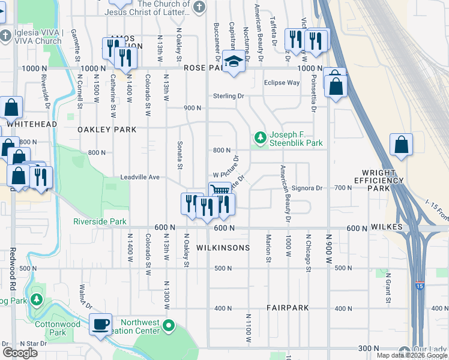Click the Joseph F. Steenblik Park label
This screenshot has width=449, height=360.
pyautogui.click(x=296, y=139)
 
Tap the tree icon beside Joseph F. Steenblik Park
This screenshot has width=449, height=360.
pyautogui.click(x=260, y=138)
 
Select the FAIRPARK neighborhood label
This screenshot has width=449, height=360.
pyautogui.click(x=288, y=308)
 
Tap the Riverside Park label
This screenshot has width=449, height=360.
pyautogui.click(x=100, y=221)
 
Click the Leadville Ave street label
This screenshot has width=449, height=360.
pyautogui.click(x=140, y=178)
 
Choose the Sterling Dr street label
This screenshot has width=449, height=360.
pyautogui.click(x=229, y=96)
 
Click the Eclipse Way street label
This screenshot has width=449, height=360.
pyautogui.click(x=282, y=83)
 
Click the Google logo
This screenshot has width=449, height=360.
pyautogui.click(x=20, y=352)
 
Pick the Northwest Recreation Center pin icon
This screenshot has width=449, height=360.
pyautogui.click(x=169, y=326)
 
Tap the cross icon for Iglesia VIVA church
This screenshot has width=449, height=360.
pyautogui.click(x=5, y=35)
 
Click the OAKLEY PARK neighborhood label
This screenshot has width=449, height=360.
pyautogui.click(x=107, y=130)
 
